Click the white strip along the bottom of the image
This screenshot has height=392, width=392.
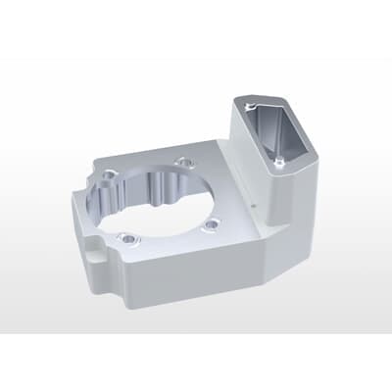(x=196, y=363)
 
